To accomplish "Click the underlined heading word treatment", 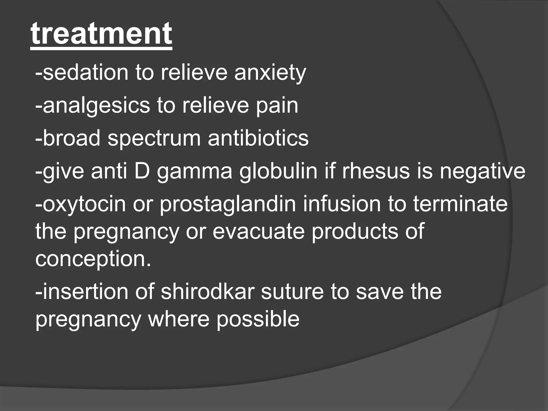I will [x=101, y=34].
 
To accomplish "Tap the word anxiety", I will [x=270, y=73].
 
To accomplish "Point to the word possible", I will [x=258, y=320].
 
